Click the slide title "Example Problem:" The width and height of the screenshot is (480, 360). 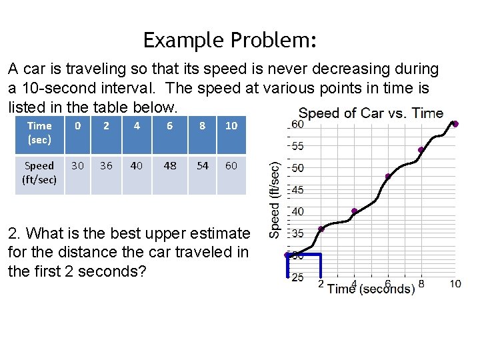229,40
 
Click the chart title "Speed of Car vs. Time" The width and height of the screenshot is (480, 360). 371,113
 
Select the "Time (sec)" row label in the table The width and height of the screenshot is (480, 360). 39,133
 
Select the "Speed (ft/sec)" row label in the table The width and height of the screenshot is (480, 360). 39,173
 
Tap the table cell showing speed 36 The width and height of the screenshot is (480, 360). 106,166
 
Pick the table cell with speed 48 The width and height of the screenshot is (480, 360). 170,166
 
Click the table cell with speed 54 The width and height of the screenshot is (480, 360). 202,166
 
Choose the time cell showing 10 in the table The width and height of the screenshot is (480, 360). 231,126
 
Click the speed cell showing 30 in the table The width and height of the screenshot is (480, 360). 78,166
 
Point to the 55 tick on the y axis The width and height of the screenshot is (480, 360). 297,146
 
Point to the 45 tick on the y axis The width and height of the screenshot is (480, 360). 297,190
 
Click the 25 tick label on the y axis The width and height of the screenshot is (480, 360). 297,277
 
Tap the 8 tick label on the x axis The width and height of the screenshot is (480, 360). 421,284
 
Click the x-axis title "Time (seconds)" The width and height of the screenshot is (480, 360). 371,289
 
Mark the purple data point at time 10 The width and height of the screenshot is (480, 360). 455,123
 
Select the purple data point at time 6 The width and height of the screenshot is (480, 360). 388,177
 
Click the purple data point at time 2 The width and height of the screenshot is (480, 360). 321,229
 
